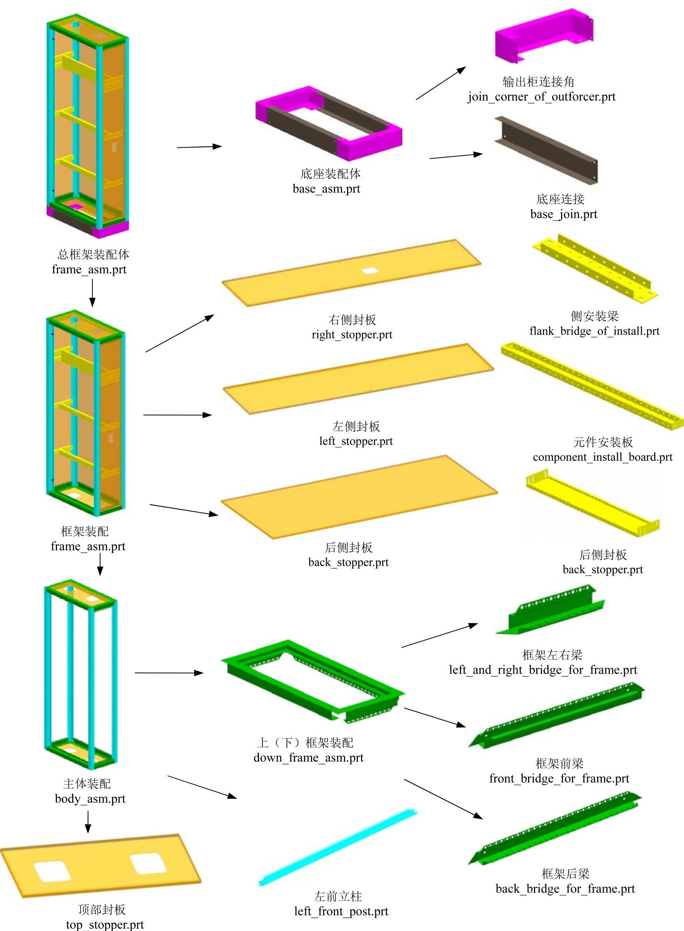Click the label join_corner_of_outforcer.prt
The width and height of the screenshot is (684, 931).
[542, 97]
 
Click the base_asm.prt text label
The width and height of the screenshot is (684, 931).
[326, 189]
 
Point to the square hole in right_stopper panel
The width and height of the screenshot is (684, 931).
[369, 271]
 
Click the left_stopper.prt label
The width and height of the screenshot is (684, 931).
[356, 441]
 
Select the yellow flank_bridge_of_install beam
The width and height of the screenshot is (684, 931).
[594, 267]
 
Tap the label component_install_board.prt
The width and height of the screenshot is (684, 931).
[603, 457]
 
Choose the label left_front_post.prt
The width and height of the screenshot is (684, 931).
[341, 911]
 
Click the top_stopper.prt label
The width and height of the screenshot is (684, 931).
[105, 924]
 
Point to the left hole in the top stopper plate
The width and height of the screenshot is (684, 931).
[53, 871]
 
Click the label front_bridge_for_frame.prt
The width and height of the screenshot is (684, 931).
[559, 778]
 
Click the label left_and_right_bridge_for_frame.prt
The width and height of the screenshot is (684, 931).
[543, 669]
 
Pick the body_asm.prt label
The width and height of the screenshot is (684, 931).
[90, 798]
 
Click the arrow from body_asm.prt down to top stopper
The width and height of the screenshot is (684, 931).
[88, 822]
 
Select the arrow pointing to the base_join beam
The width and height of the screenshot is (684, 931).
[456, 156]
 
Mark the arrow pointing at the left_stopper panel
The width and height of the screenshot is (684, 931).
[177, 415]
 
